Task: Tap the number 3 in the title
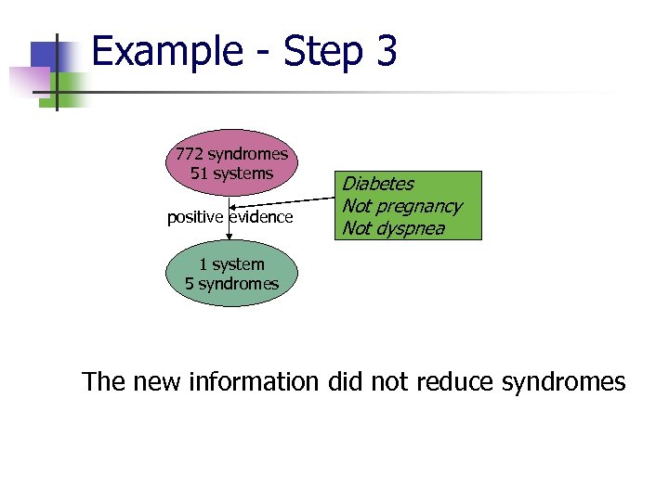387,52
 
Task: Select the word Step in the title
325,52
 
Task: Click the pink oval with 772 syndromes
231,163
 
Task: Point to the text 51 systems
231,173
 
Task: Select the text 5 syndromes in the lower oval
231,284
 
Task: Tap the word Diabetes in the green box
377,184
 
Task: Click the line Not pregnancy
401,206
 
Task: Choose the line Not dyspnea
393,228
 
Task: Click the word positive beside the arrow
195,217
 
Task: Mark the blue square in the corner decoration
43,56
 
